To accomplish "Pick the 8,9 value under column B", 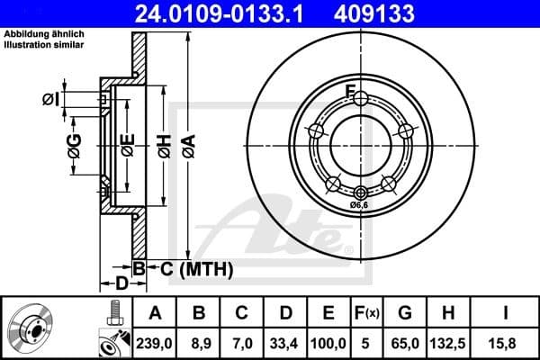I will coord(200,342).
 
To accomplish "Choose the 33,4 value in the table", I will coord(286,342).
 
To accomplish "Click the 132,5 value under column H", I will coord(447,342).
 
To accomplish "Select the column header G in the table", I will coord(405,313).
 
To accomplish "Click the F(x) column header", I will coord(366,313).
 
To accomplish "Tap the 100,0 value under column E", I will coord(328,342).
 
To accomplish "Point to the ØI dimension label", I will coord(49,99).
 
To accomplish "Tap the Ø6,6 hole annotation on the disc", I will coord(361,206).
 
